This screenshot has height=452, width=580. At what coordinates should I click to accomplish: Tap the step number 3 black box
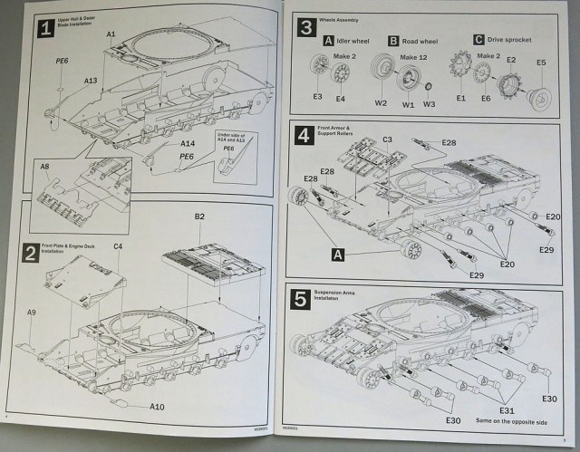click(304, 26)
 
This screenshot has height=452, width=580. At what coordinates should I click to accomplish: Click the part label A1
click(111, 34)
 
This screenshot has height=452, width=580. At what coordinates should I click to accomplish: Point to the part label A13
click(91, 82)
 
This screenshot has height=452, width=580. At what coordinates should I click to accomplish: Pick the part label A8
click(44, 166)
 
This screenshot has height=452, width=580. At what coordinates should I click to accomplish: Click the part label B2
click(199, 217)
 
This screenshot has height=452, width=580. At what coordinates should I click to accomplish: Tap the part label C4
click(117, 246)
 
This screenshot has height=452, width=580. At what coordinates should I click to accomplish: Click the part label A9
click(32, 312)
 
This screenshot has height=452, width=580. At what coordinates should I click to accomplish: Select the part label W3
click(430, 104)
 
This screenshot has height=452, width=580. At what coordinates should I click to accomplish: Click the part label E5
click(541, 63)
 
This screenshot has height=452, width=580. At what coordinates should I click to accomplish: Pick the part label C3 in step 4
click(387, 139)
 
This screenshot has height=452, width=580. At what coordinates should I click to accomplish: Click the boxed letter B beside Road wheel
click(393, 41)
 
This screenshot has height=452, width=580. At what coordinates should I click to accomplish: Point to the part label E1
click(460, 98)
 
